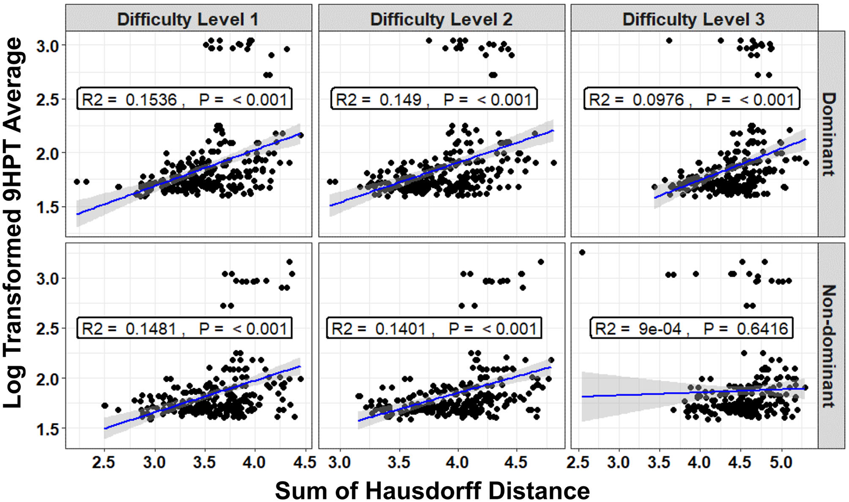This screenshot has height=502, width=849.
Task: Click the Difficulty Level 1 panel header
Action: (188, 19)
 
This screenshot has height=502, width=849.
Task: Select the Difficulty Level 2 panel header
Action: (441, 19)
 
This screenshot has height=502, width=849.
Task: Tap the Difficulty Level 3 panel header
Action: (693, 19)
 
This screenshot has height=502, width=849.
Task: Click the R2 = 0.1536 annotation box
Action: (184, 99)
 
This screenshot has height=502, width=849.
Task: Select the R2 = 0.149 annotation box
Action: (434, 99)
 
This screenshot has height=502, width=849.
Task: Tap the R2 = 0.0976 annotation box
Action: (691, 99)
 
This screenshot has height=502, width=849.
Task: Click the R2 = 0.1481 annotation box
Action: (184, 328)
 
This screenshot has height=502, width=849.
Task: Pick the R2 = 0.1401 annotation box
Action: (434, 328)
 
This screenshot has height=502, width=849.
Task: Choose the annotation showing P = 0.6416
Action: (691, 328)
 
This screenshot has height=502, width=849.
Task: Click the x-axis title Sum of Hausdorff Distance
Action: (432, 490)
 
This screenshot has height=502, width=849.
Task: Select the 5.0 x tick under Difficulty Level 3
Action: (781, 463)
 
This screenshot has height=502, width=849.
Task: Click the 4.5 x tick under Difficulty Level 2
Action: (516, 463)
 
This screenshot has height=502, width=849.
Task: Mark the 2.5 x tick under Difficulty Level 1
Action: (104, 463)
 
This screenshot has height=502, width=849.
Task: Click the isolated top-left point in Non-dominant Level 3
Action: (582, 252)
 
